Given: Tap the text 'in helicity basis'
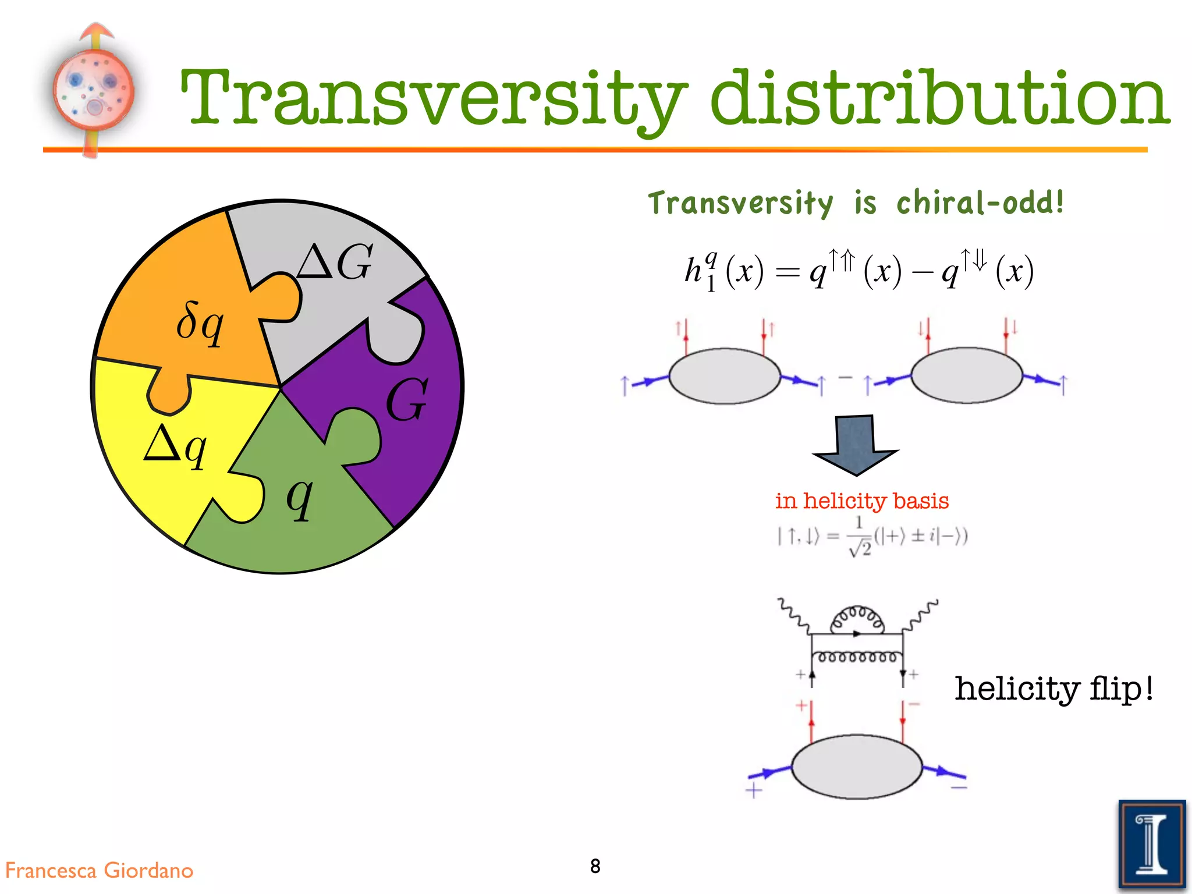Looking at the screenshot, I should point(861,501).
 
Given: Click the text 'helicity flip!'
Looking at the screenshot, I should point(1053,689).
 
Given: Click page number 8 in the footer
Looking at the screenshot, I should point(595,866).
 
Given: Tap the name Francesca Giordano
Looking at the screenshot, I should point(99,870).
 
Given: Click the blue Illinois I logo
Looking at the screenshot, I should point(1151,845).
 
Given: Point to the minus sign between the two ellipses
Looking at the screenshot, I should point(845,377).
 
